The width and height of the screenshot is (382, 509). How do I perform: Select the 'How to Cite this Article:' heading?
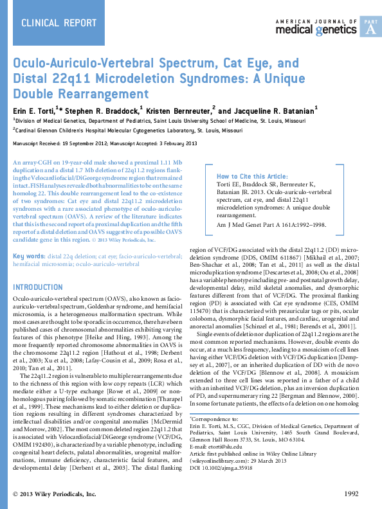(252, 176)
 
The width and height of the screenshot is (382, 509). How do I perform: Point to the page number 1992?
(351, 494)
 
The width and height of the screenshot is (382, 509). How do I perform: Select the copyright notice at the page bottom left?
(55, 494)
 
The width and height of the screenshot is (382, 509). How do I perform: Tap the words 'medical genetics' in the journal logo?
(316, 30)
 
